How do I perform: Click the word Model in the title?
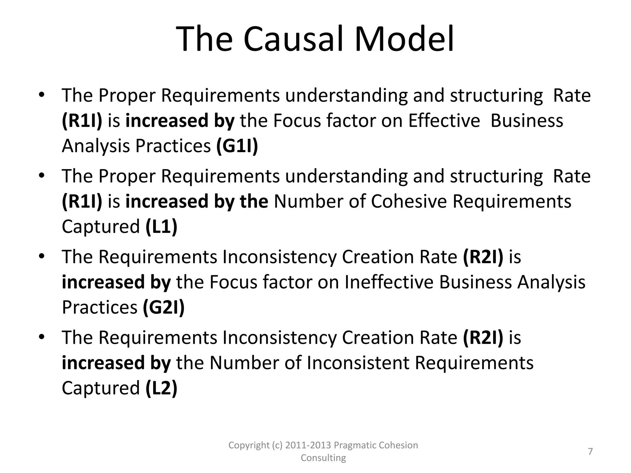click(404, 40)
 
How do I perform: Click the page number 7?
click(590, 451)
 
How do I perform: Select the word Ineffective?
click(389, 282)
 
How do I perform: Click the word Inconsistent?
click(358, 363)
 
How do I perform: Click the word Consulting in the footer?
click(323, 458)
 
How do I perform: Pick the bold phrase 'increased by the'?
click(197, 201)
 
